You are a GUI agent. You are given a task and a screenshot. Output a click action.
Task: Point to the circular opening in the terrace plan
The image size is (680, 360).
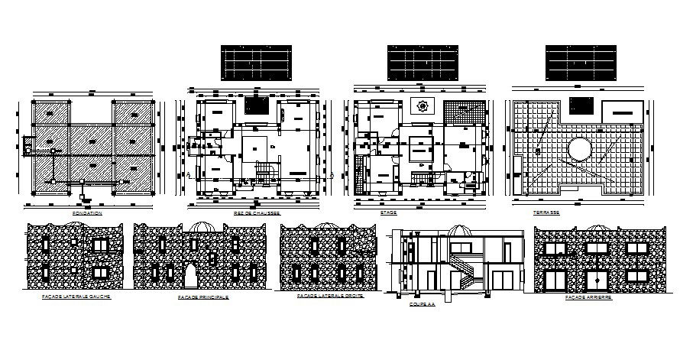(x=579, y=147)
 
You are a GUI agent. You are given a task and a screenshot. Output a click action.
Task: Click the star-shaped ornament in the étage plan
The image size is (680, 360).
(x=421, y=106)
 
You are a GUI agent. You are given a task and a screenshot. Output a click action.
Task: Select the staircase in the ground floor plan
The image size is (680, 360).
(x=264, y=174)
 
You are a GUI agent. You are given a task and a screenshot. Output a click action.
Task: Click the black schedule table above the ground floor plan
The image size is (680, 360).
(x=257, y=62)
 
